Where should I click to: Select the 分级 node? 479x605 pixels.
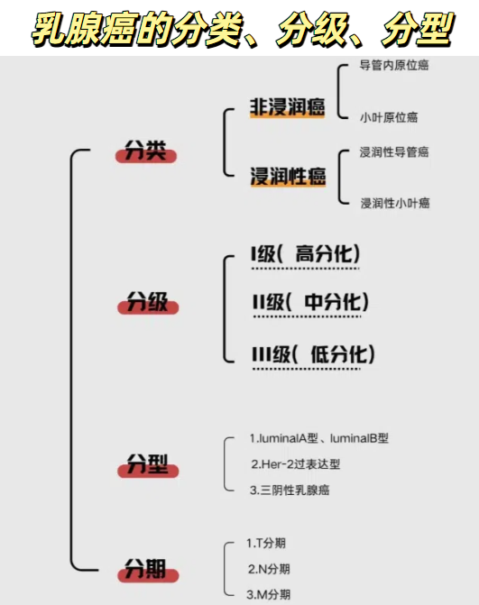coord(147,302)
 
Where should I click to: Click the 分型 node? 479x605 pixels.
coord(147,466)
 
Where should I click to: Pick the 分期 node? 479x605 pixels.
coord(145,569)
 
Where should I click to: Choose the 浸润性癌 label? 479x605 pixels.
coord(288,177)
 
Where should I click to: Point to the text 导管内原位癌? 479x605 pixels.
coord(393,66)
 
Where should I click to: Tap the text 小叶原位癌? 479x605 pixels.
coord(389,117)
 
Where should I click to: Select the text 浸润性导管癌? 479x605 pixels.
coord(393,152)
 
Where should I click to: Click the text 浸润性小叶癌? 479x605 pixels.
coord(395,203)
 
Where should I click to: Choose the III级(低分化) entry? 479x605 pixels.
coord(313,353)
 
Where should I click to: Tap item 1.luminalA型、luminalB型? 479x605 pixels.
coord(318,438)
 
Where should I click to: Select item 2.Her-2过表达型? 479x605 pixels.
coord(295,463)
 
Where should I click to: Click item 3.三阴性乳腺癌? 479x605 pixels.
coord(290,490)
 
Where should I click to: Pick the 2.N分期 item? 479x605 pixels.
coord(269,569)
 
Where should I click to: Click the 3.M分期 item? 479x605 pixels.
coord(269,594)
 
